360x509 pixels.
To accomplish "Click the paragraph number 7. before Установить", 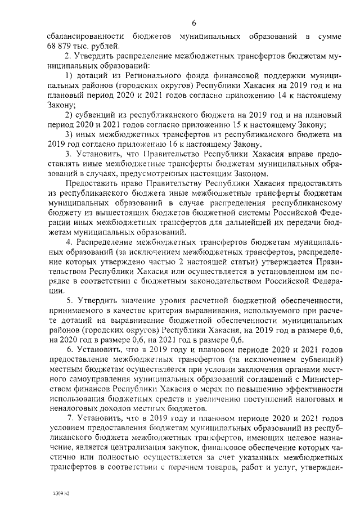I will point(70,418).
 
